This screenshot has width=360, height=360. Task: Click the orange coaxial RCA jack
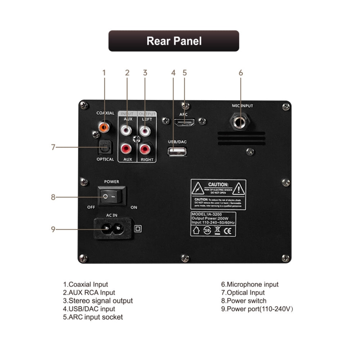pos(104,127)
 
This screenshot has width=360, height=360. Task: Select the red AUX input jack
pos(127,148)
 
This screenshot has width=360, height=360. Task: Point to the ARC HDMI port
pos(184,122)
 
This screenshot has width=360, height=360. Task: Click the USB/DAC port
pos(177,152)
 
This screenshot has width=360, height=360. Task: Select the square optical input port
pos(105,147)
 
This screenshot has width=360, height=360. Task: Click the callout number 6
pos(241,73)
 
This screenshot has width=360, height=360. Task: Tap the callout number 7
pos(53,147)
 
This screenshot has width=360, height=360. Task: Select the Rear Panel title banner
pos(174,41)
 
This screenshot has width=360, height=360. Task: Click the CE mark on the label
pos(229,231)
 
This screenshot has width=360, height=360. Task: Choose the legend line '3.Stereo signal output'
pos(98,301)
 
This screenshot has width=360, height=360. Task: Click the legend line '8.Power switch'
pos(244,301)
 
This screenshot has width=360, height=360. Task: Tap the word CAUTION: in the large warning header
pos(218,184)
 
